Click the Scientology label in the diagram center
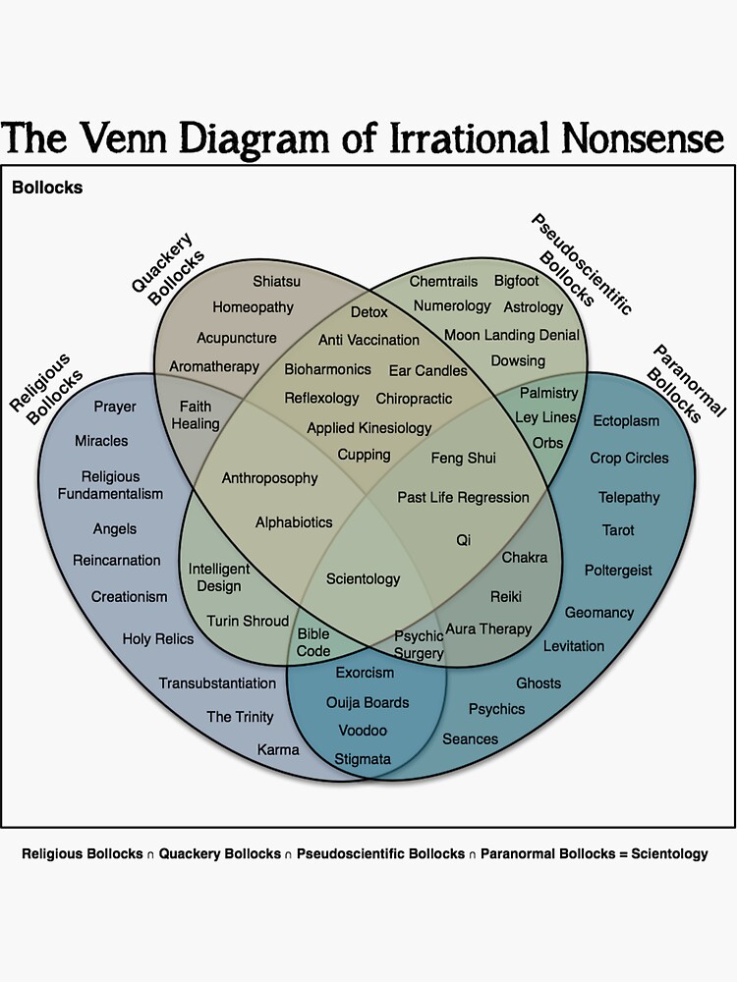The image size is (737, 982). (x=363, y=578)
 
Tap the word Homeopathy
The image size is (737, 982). (x=253, y=306)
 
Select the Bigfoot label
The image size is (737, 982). (x=516, y=281)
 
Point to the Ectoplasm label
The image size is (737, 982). (x=626, y=420)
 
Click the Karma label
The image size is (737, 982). (x=278, y=749)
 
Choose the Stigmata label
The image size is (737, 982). (x=363, y=758)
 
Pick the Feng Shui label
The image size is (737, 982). (x=463, y=458)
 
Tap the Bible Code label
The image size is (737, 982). (x=313, y=642)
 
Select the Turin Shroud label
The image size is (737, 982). (x=248, y=621)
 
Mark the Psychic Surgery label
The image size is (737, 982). (x=420, y=644)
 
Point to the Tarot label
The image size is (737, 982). (x=618, y=530)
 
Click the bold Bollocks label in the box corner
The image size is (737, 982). (x=47, y=187)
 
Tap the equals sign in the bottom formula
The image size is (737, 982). (x=622, y=853)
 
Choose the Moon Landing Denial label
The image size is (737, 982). (x=511, y=335)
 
